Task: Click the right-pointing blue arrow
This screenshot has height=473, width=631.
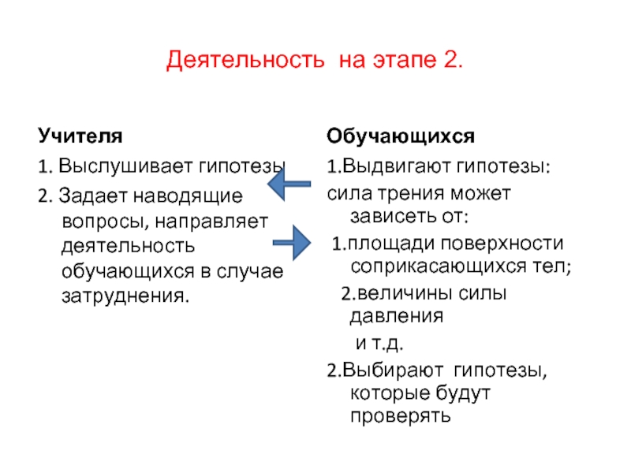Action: [x=294, y=242]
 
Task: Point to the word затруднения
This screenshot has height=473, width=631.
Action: [x=125, y=298]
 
